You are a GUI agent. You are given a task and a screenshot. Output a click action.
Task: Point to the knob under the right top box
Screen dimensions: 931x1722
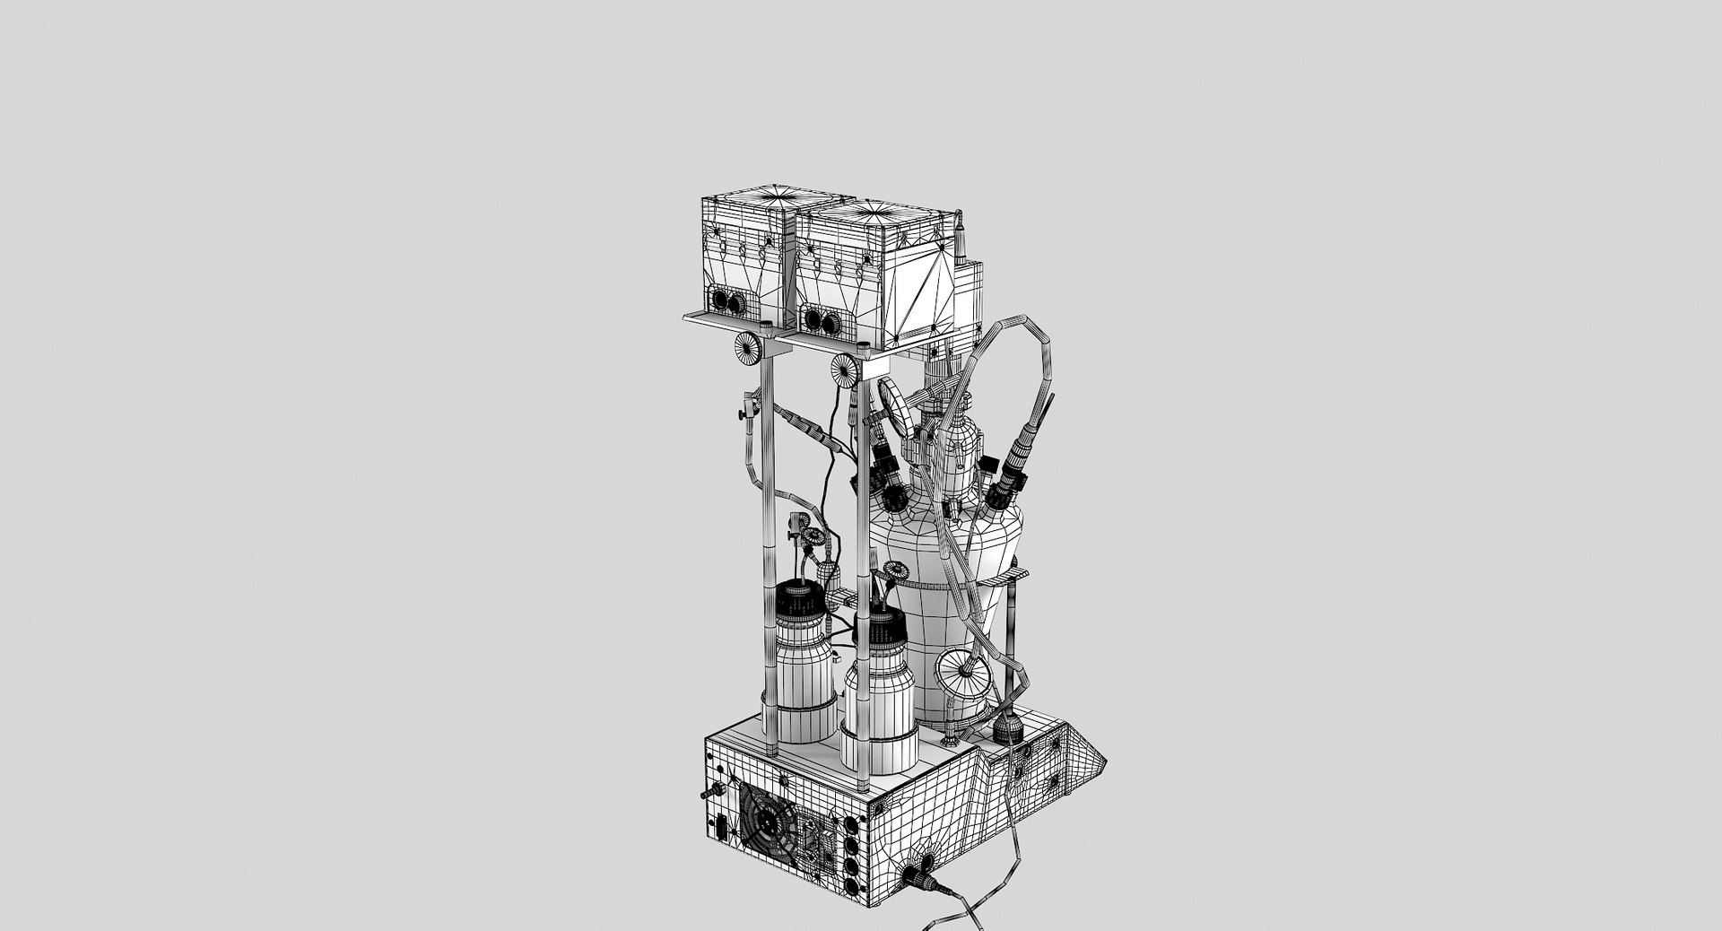(845, 369)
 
